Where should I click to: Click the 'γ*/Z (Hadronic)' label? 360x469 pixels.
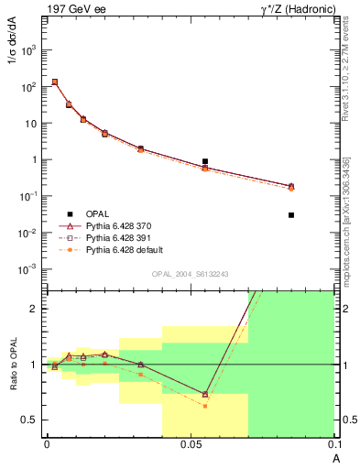tap(298, 8)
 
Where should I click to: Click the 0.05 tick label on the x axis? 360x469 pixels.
tap(191, 445)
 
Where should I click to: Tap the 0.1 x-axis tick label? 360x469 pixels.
tap(333, 445)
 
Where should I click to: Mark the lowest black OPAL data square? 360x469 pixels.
tap(291, 215)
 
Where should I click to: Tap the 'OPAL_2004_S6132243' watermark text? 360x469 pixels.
tap(191, 274)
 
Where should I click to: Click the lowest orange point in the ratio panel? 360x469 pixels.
tap(205, 406)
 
